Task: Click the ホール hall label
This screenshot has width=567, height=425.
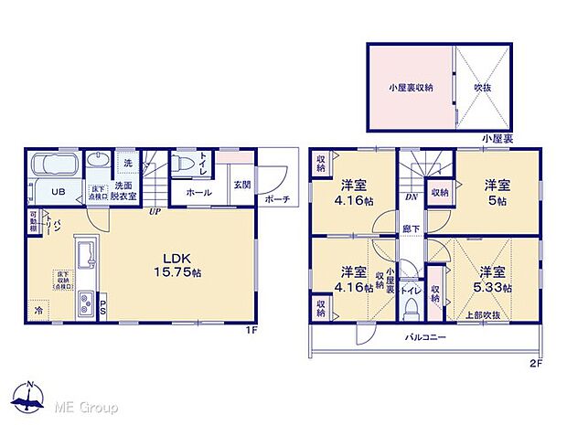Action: coord(198,193)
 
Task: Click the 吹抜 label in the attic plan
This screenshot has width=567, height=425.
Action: coord(484,87)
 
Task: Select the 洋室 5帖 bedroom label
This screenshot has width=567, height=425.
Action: coord(497,190)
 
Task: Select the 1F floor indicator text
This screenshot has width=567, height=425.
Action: coord(251,328)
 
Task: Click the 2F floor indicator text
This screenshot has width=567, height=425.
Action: coord(536,362)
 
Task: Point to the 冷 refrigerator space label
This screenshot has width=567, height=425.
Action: coord(37,309)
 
